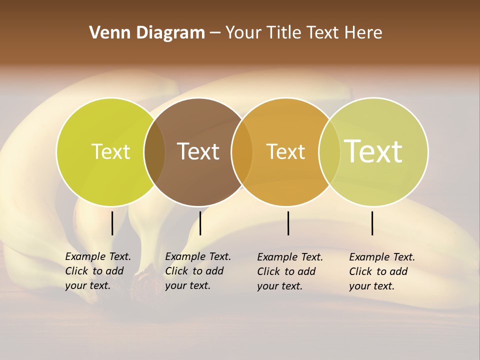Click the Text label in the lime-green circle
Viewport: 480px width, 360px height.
[110, 151]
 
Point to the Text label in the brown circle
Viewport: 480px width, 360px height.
[198, 151]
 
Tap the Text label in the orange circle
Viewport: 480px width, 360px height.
[285, 151]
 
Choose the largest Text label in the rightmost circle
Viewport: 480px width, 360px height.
[373, 151]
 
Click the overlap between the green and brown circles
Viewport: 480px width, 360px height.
[154, 151]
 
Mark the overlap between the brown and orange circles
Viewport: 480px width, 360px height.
[242, 151]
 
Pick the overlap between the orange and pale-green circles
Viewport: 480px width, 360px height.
[329, 151]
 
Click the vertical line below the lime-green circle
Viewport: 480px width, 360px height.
[112, 223]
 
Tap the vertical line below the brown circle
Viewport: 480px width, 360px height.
[200, 223]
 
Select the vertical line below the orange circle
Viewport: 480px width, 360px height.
[288, 223]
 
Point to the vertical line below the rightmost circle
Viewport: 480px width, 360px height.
[372, 223]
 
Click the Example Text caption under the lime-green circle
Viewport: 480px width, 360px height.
[97, 271]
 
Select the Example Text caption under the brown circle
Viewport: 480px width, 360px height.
[197, 271]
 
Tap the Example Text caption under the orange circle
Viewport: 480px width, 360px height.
[289, 271]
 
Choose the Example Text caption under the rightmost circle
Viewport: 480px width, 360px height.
[381, 271]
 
